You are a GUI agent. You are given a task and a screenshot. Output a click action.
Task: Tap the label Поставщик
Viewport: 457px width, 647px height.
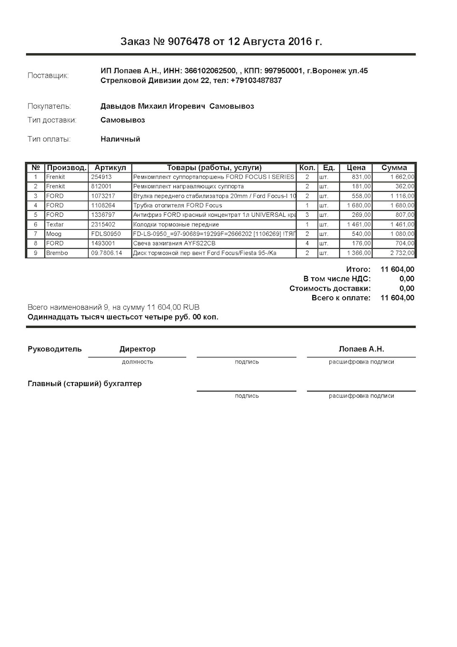pyautogui.click(x=48, y=75)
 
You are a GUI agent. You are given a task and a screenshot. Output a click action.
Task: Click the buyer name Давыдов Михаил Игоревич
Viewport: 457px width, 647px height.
pyautogui.click(x=153, y=106)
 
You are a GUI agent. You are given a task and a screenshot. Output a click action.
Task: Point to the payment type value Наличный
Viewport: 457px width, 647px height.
pyautogui.click(x=120, y=139)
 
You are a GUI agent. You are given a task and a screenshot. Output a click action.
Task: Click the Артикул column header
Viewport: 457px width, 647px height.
pyautogui.click(x=110, y=168)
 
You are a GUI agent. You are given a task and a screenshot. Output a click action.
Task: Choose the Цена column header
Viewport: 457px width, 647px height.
pyautogui.click(x=356, y=168)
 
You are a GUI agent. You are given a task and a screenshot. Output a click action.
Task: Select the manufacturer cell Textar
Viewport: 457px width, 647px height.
pyautogui.click(x=55, y=224)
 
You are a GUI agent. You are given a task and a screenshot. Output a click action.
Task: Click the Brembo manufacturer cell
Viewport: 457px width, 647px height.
pyautogui.click(x=57, y=253)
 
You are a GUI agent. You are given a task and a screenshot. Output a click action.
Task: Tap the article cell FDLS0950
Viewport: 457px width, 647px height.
pyautogui.click(x=106, y=234)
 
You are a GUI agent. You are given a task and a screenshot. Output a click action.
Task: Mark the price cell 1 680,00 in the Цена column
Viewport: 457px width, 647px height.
pyautogui.click(x=359, y=205)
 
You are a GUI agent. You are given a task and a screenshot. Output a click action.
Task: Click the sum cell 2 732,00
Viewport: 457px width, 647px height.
pyautogui.click(x=402, y=253)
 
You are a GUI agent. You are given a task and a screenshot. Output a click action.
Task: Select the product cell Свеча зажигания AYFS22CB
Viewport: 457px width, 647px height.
pyautogui.click(x=174, y=243)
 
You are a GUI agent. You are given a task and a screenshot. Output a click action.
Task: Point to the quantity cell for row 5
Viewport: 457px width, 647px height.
pyautogui.click(x=307, y=215)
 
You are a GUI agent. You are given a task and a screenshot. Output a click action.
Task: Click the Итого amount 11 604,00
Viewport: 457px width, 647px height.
pyautogui.click(x=397, y=270)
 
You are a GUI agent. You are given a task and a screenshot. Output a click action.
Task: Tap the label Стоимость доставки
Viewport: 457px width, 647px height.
pyautogui.click(x=330, y=288)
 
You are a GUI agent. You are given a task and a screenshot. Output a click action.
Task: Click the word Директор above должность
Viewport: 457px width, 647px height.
pyautogui.click(x=137, y=349)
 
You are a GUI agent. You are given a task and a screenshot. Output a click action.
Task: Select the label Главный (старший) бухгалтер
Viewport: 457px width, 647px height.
pyautogui.click(x=85, y=384)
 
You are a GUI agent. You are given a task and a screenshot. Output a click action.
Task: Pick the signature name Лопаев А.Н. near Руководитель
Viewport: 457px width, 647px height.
pyautogui.click(x=361, y=349)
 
